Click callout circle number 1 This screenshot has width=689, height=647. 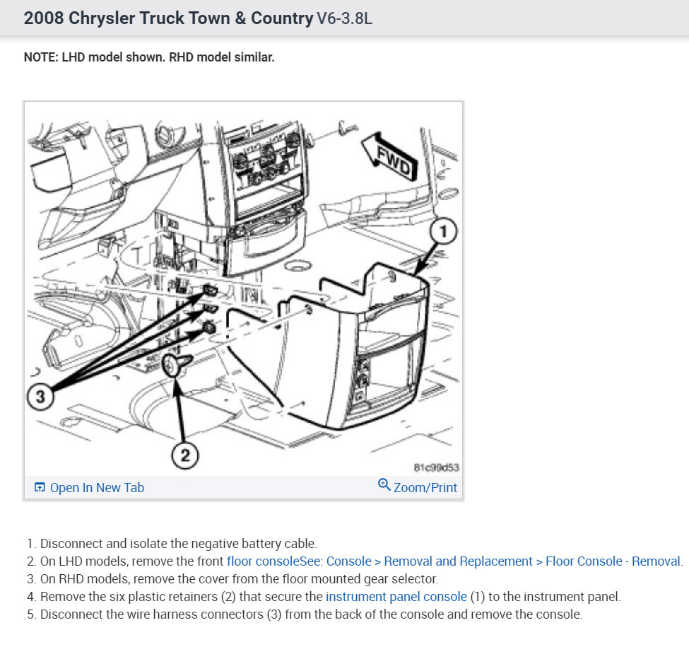tap(443, 231)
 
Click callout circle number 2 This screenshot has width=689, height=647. tap(185, 455)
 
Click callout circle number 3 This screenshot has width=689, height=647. tap(40, 397)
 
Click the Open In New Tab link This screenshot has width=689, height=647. tap(89, 487)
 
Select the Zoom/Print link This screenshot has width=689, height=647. tap(418, 487)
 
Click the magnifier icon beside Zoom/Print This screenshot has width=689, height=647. tap(384, 484)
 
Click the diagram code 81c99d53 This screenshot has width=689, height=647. tap(436, 467)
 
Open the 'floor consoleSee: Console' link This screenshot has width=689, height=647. tap(299, 561)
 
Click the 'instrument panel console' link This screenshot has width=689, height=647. tap(396, 597)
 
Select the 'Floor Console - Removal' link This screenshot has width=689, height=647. tap(613, 561)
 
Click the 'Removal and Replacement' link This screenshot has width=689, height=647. tap(458, 561)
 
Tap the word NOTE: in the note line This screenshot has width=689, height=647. tap(41, 57)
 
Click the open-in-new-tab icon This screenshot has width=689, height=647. tap(40, 487)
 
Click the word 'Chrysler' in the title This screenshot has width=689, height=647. tap(102, 18)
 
